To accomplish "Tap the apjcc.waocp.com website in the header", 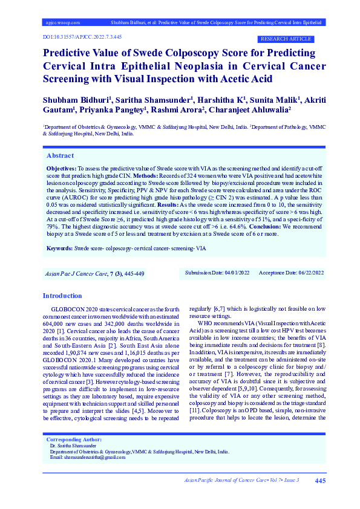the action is (63, 22).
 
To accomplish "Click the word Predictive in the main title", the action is (70, 53).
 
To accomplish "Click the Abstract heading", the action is (61, 155).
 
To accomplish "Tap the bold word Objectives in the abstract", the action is (61, 166).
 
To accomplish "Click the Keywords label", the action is (59, 248).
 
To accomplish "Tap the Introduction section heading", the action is (62, 296).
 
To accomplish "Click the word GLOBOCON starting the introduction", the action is (65, 308).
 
